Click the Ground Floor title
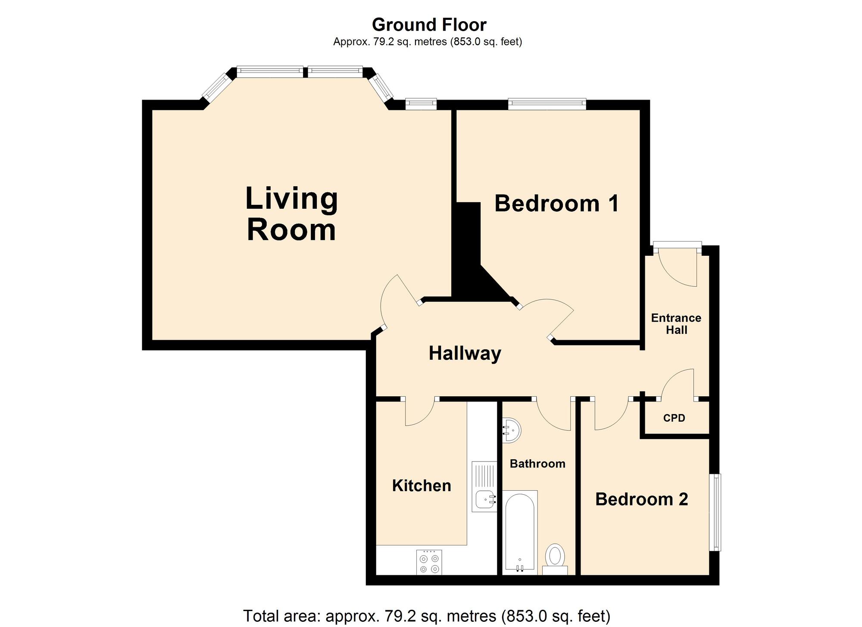pos(429,25)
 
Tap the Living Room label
pos(291,214)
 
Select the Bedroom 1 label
pos(556,204)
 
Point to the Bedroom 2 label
pos(641,499)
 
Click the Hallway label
pos(465,354)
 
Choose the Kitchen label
pos(421,486)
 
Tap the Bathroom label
pos(537,464)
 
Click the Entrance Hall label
pos(676,324)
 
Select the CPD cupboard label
pos(674,418)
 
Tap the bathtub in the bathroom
pos(520,533)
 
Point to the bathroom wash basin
pos(512,430)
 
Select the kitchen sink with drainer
pos(484,487)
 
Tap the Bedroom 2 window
pos(715,512)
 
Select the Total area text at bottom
pos(427,616)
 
